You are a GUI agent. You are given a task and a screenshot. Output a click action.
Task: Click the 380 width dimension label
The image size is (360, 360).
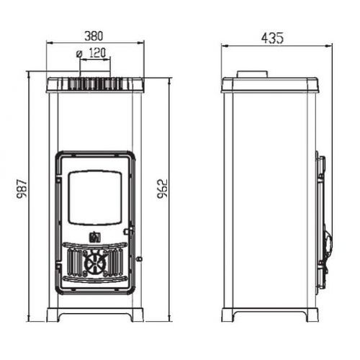94,36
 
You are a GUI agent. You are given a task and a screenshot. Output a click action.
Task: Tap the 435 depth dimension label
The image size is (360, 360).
272,38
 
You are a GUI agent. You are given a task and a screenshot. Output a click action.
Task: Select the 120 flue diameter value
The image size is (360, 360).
97,53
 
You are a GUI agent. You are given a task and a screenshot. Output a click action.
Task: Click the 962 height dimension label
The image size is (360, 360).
162,189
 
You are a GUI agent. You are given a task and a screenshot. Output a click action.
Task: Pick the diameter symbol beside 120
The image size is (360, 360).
79,54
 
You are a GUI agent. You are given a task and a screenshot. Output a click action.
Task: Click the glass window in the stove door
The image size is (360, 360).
95,198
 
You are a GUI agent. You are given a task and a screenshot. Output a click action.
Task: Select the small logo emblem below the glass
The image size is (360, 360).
95,236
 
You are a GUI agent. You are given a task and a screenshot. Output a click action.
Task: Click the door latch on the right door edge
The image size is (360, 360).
128,232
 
